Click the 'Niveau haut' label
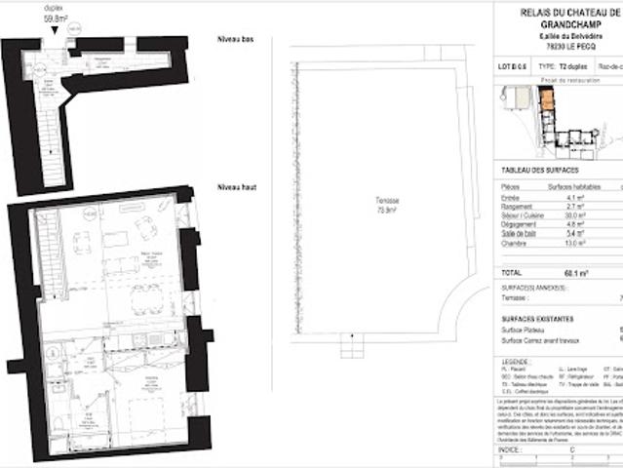(236, 185)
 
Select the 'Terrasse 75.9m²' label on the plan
(388, 205)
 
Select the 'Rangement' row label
(517, 207)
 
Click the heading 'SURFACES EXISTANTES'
(537, 319)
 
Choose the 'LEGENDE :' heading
(516, 362)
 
